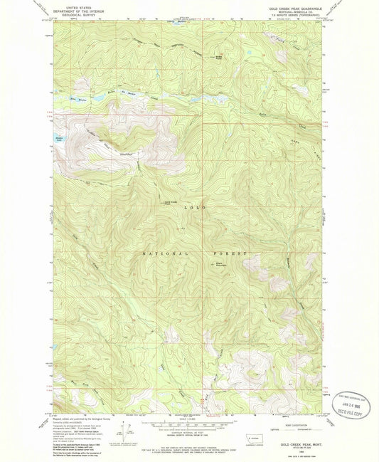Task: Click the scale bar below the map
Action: point(188,424)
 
